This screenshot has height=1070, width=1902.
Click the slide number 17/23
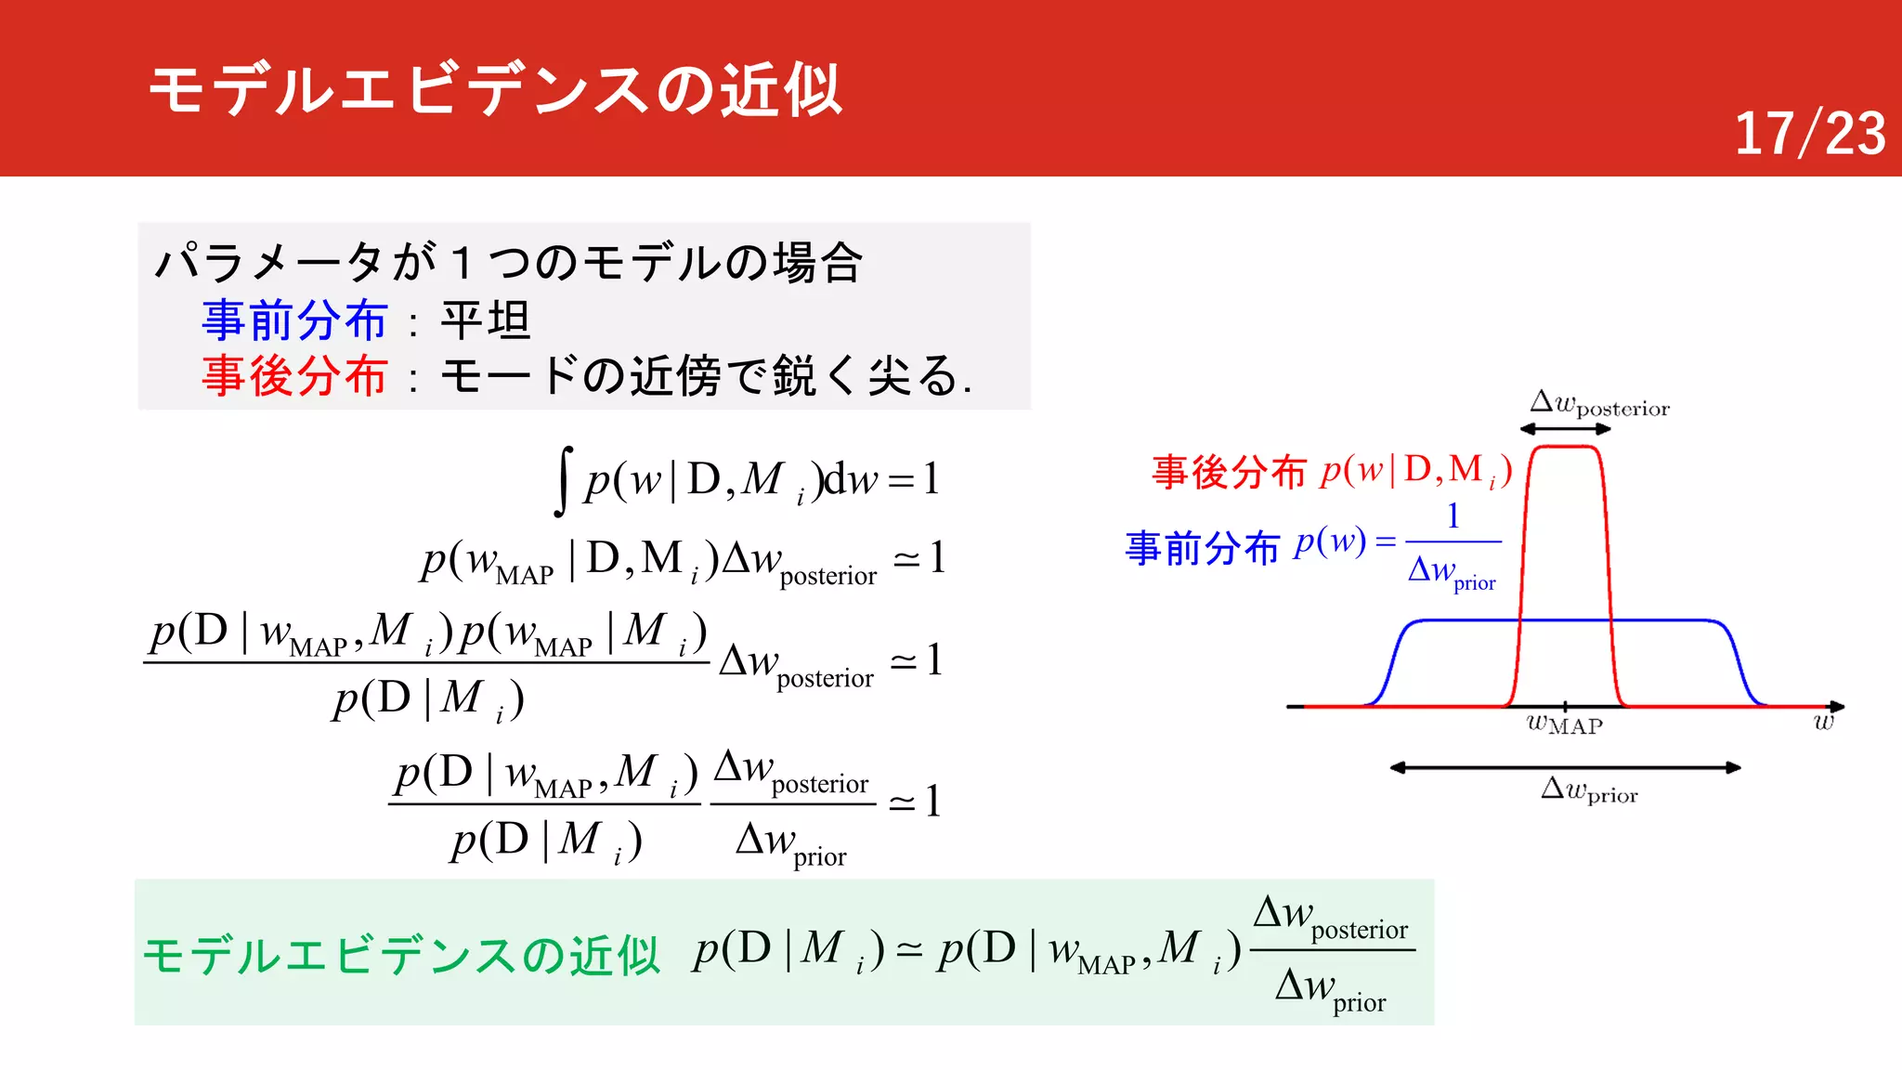[1809, 134]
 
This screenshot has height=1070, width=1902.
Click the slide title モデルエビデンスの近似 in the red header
[495, 90]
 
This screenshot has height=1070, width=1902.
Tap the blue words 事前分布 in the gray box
[294, 320]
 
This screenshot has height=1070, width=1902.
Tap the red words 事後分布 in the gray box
[294, 376]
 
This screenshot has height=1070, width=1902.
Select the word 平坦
[485, 320]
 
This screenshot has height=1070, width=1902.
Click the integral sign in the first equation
[563, 480]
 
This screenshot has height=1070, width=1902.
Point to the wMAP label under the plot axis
[1565, 725]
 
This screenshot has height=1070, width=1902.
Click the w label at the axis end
[1824, 722]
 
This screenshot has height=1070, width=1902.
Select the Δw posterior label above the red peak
[1599, 405]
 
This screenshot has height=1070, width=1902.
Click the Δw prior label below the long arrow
[1589, 791]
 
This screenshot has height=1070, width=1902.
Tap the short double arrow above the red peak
[1566, 429]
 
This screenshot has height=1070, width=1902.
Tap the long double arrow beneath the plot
[1565, 768]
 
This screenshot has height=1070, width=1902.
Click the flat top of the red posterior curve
[1566, 448]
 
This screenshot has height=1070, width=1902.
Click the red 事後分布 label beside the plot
[1229, 472]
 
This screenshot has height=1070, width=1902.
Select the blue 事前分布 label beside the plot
[1203, 548]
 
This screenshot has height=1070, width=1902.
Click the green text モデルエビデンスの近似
[401, 955]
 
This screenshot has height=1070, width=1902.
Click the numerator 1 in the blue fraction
[1453, 516]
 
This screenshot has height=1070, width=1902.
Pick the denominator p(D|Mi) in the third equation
[428, 699]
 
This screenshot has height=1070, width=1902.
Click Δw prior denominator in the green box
[1330, 988]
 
